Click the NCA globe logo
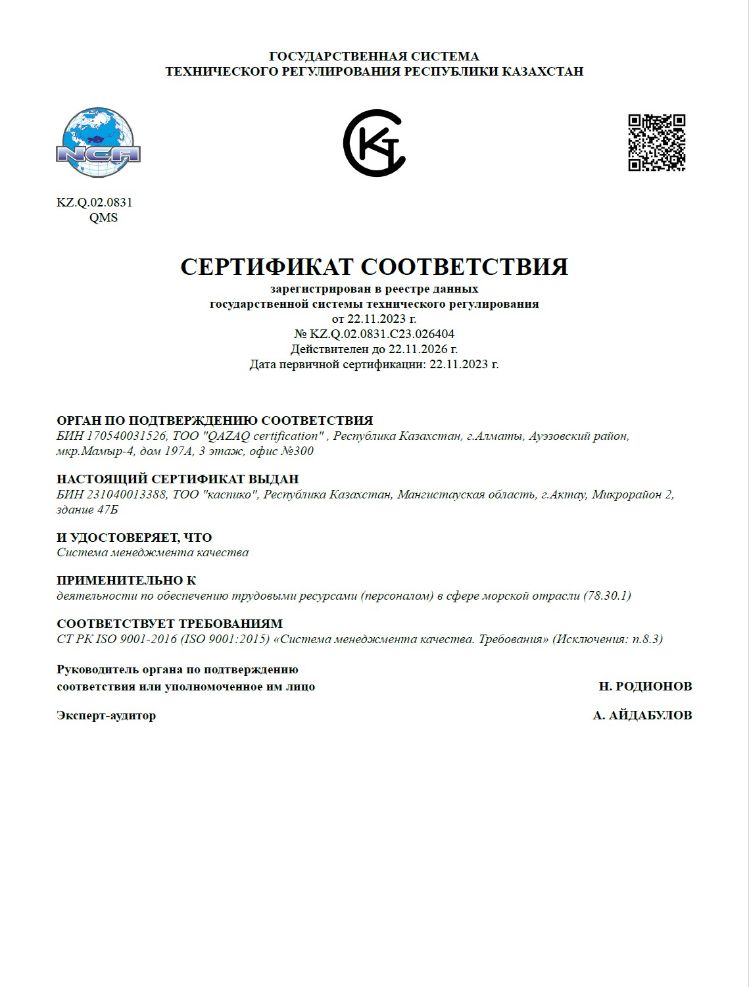98,143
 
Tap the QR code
656,143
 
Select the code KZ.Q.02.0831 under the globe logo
95,203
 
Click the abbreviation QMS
103,218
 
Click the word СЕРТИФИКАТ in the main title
267,266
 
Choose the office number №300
298,451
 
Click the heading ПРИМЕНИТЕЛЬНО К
126,581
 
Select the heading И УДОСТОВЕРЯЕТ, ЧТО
134,537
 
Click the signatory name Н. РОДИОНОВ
645,686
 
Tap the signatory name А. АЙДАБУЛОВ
642,715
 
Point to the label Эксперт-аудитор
107,715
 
